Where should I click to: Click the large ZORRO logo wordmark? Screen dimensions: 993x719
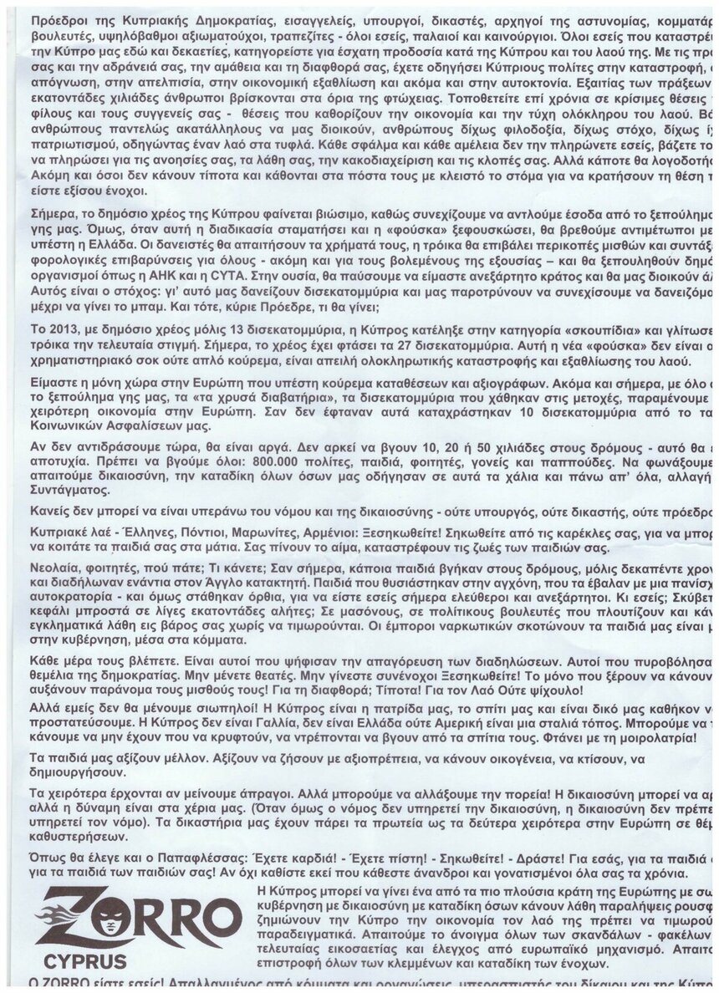pos(138,917)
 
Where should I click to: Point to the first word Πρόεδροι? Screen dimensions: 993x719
pos(54,17)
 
